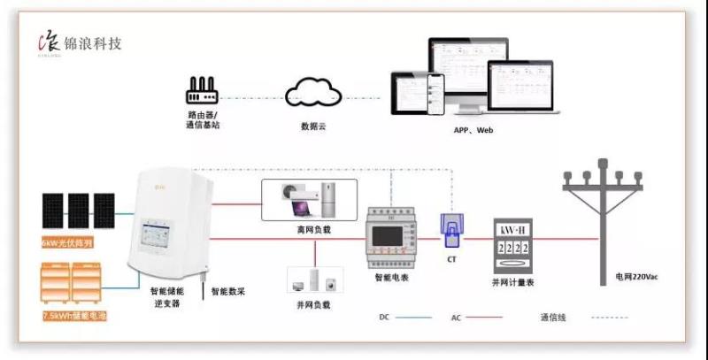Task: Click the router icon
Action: coord(204,90)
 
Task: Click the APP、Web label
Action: coord(473,130)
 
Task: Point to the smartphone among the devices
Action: coord(435,90)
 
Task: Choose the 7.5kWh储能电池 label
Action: coord(74,315)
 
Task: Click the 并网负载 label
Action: coord(313,304)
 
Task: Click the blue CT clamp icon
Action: coord(450,231)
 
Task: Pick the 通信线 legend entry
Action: coord(550,316)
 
